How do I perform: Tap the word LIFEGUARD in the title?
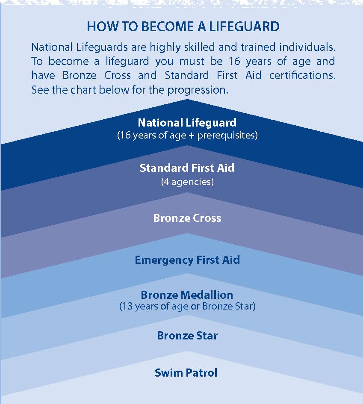coord(244,27)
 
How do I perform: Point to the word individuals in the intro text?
coord(307,47)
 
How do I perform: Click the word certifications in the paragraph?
coord(302,75)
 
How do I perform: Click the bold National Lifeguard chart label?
coord(187,123)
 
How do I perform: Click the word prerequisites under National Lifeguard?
coord(226,136)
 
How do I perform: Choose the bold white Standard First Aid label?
coord(187,168)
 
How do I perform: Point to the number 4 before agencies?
coord(166,182)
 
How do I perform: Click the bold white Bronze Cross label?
coord(187,218)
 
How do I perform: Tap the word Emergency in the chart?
coord(164,260)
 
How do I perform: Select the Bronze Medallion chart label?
coord(187,295)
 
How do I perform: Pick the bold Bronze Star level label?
coord(187,336)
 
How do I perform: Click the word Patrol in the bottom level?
coord(201,373)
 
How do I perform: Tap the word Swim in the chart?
coord(169,373)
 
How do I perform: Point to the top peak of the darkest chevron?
coord(187,99)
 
